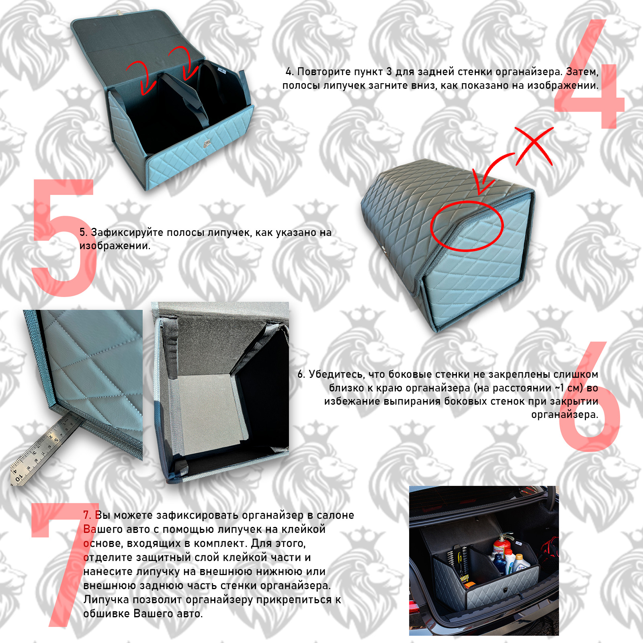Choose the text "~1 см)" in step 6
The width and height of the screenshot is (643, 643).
[x=569, y=388]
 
